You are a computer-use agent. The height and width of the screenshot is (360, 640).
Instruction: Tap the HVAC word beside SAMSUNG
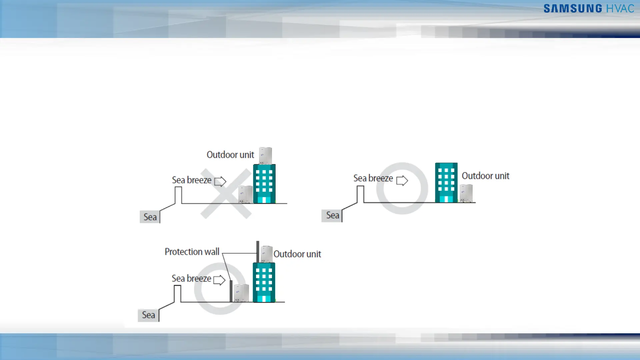pos(620,9)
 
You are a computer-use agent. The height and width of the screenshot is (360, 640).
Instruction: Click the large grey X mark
pos(226,194)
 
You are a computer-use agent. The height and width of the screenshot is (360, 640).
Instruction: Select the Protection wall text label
pos(192,252)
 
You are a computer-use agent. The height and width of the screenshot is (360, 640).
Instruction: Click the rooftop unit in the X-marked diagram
pos(266,156)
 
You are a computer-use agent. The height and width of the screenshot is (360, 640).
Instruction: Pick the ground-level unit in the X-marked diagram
pos(246,195)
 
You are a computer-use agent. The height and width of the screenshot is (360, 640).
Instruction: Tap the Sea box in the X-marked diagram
pos(150,217)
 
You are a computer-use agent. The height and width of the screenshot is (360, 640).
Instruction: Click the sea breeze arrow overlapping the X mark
pos(220,181)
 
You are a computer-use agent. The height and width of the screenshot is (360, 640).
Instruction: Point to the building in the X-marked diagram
pos(264,184)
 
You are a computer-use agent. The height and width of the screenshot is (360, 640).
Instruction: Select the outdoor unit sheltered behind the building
pos(466,193)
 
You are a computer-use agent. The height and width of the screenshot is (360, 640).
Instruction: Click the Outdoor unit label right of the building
pos(485,176)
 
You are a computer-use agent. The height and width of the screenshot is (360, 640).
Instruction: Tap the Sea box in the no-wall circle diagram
pos(332,215)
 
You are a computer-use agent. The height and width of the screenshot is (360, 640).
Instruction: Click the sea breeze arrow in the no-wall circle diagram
pos(402,180)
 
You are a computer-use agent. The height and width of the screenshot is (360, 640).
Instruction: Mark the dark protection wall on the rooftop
pos(258,252)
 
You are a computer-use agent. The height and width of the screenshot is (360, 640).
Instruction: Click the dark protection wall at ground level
pos(231,291)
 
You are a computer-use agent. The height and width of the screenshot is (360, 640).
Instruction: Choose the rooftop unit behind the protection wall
pos(266,254)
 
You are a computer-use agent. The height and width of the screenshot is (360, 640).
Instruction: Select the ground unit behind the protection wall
pos(241,293)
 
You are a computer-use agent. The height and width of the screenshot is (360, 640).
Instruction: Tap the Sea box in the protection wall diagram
pos(148,315)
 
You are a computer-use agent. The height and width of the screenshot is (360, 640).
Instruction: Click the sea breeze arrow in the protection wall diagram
pos(219,280)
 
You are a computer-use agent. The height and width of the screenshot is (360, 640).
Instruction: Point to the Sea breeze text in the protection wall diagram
pos(191,278)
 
